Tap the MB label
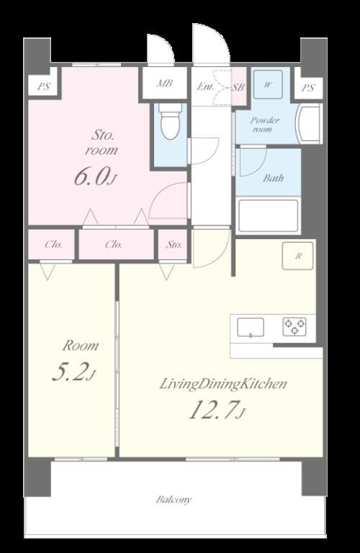(x=165, y=84)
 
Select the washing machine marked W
(x=268, y=84)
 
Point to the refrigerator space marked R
(x=298, y=256)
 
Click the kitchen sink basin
(x=251, y=328)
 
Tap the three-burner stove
(x=294, y=327)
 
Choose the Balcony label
(x=174, y=500)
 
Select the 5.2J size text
(x=73, y=372)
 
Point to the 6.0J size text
(x=95, y=176)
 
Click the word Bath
(x=274, y=178)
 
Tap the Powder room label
(x=264, y=124)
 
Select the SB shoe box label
(x=238, y=87)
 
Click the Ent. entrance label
(x=205, y=86)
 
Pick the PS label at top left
(x=43, y=86)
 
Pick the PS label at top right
(x=308, y=87)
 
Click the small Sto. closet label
(x=174, y=244)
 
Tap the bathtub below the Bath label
(x=269, y=215)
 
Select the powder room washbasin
(x=309, y=123)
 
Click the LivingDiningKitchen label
(x=223, y=384)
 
